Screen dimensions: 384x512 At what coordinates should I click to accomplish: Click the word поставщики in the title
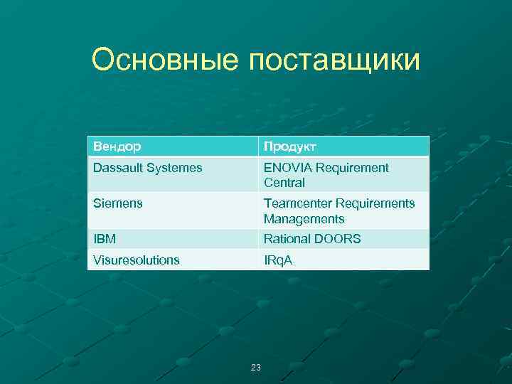click(334, 61)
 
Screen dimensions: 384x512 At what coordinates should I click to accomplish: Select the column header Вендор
click(117, 146)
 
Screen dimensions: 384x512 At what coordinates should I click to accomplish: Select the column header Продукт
click(290, 146)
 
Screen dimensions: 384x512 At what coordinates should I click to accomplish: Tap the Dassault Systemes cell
click(147, 168)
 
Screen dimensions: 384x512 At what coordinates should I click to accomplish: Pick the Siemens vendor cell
click(117, 203)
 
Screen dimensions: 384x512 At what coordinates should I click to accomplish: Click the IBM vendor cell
click(105, 239)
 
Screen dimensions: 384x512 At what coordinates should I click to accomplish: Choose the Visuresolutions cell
click(136, 260)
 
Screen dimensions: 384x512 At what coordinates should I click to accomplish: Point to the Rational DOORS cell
click(312, 239)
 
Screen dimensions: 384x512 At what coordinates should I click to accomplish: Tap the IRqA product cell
click(278, 260)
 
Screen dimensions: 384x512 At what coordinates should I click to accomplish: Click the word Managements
click(304, 219)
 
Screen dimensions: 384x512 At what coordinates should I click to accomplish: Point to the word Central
click(284, 183)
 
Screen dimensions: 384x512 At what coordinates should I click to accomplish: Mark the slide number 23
click(256, 368)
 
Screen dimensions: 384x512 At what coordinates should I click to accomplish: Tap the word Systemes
click(176, 168)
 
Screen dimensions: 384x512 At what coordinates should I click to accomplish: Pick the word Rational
click(288, 239)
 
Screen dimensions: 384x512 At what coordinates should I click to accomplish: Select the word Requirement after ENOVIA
click(353, 168)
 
